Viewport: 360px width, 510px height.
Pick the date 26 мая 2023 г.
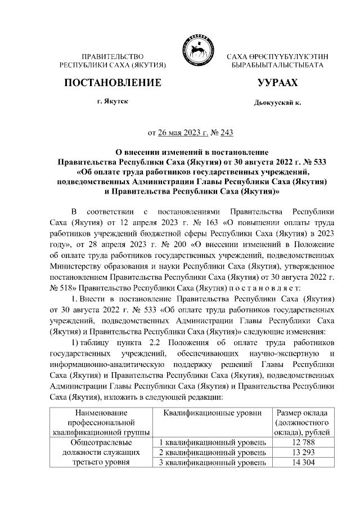pos(181,133)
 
